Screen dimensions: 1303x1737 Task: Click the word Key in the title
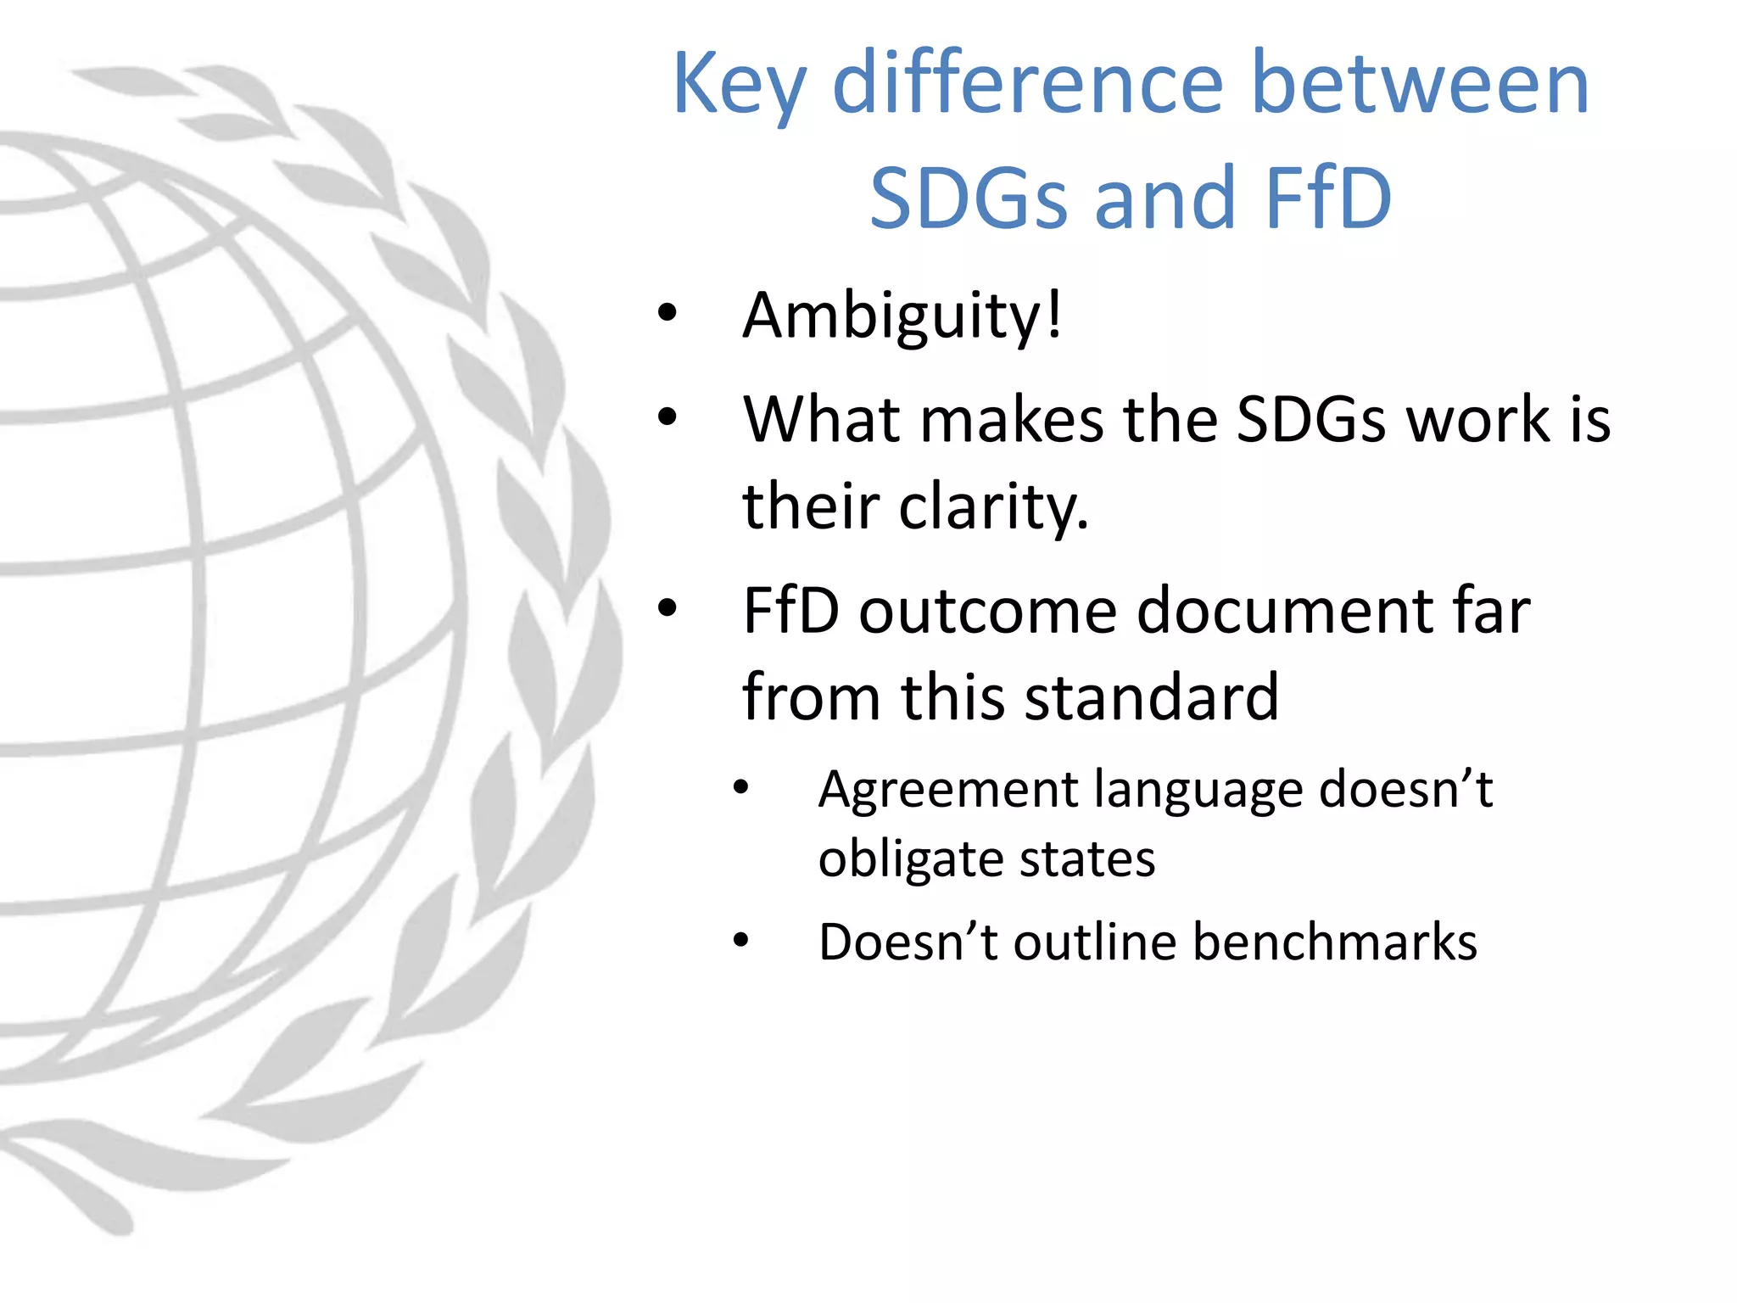739,85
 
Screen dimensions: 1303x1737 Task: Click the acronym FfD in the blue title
1327,199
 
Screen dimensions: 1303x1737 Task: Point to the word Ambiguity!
902,316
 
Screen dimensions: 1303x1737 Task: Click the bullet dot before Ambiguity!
667,313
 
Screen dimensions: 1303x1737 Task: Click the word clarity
992,506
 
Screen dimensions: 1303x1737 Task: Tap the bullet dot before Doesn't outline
741,940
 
